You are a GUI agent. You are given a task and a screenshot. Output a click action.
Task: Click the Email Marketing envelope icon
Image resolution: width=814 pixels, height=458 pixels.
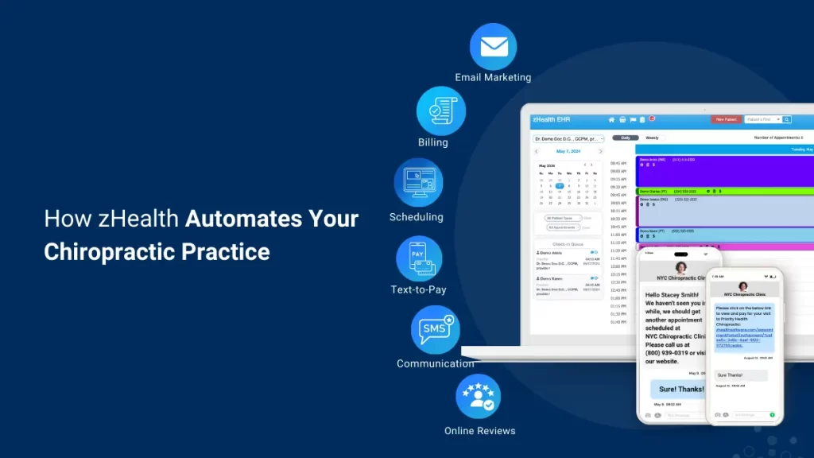(493, 46)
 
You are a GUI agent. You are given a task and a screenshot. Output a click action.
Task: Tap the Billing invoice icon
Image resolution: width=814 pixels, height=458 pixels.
(440, 111)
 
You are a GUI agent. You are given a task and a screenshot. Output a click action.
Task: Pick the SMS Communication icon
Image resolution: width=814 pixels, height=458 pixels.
(435, 329)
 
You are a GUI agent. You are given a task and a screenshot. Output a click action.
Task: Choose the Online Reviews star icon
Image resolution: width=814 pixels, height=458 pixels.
(478, 397)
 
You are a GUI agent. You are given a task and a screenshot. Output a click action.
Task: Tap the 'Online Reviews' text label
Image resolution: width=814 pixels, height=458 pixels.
(479, 431)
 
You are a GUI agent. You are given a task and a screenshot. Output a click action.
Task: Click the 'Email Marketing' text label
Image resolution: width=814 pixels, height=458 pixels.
(493, 78)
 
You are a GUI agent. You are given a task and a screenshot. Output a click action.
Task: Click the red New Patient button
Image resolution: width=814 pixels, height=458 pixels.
(725, 119)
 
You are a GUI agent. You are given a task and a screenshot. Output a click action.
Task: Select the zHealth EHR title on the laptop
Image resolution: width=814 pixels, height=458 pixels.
(552, 119)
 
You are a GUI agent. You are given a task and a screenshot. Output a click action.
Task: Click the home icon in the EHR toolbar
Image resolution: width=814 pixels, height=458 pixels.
(612, 119)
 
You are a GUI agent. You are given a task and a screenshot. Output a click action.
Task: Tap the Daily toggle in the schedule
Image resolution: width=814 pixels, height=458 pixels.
(626, 138)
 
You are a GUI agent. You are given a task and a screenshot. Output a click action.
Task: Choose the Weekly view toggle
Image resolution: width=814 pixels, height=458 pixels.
(652, 138)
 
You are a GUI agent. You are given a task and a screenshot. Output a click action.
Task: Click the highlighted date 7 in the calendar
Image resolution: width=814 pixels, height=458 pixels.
(559, 185)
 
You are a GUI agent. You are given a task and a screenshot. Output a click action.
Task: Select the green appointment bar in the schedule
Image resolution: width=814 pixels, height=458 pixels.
(723, 191)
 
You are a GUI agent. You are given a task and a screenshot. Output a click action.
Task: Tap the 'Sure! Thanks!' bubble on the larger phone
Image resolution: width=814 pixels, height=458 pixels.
(681, 389)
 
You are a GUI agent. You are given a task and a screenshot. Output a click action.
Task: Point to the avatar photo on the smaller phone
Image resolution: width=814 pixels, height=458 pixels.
(743, 285)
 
